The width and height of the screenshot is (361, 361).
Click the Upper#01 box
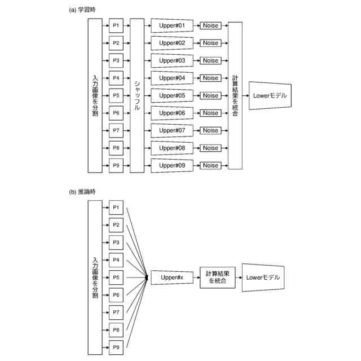[172, 25]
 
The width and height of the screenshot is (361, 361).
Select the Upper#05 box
[172, 95]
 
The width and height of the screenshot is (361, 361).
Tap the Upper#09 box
[172, 165]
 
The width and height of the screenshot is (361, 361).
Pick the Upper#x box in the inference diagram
[172, 278]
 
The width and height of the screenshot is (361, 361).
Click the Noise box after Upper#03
[210, 60]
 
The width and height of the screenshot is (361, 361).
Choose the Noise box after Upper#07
[210, 130]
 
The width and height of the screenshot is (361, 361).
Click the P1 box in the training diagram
[116, 25]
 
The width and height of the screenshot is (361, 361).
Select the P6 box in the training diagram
[116, 113]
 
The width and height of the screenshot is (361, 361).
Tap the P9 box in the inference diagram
[116, 347]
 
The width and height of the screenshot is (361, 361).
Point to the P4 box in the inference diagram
[116, 260]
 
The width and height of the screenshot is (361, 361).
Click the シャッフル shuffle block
[137, 95]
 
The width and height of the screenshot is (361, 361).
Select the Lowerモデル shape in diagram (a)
[270, 95]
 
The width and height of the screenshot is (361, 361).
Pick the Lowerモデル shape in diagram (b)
[263, 278]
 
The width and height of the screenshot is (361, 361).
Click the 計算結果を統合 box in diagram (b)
[218, 278]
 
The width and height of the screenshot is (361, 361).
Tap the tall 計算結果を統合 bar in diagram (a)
[235, 95]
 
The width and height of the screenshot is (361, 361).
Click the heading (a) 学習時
[82, 10]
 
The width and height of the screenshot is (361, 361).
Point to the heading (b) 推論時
[82, 192]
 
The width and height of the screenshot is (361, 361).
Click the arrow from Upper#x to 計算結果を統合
[197, 278]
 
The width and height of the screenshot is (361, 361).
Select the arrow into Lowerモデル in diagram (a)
[246, 95]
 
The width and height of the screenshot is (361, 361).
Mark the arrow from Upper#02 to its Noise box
[197, 43]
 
